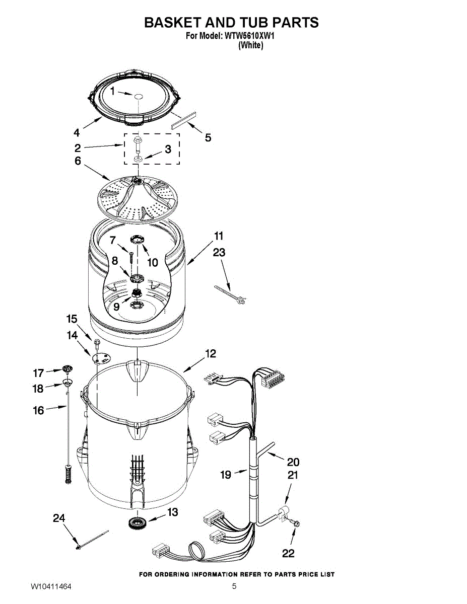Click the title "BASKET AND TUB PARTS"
pos(231,23)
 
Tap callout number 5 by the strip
pos(208,137)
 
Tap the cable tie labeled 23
pos(231,294)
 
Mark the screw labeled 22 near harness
pos(296,524)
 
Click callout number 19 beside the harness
pos(226,474)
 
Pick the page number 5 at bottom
pos(234,586)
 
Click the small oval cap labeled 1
pos(138,96)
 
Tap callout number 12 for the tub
pos(211,354)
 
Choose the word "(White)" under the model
pos(250,45)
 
